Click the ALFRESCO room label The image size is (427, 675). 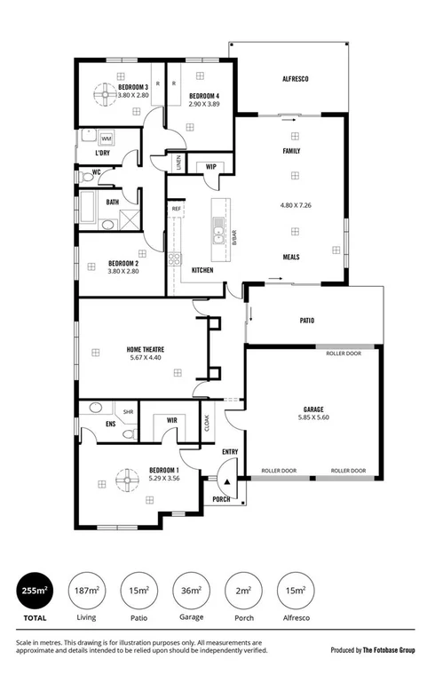pyautogui.click(x=295, y=80)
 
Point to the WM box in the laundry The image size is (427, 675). pyautogui.click(x=106, y=139)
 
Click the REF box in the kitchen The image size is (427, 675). pyautogui.click(x=177, y=209)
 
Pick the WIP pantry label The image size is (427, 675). pyautogui.click(x=211, y=166)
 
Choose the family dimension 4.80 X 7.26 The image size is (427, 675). pyautogui.click(x=292, y=205)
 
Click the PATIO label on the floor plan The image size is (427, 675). pyautogui.click(x=307, y=321)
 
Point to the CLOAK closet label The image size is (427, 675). pyautogui.click(x=208, y=424)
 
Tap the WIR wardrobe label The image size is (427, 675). pyautogui.click(x=172, y=419)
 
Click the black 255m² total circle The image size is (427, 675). pyautogui.click(x=35, y=590)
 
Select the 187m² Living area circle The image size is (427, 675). pyautogui.click(x=87, y=590)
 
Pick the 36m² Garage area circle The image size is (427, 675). pyautogui.click(x=191, y=590)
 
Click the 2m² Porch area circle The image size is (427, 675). pyautogui.click(x=242, y=590)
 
